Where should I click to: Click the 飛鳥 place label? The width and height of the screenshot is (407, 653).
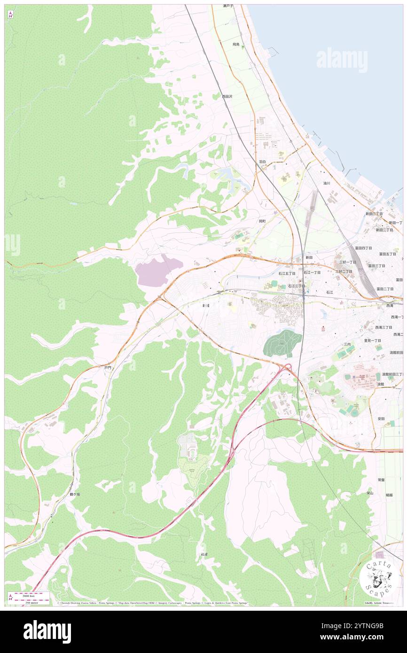tap(236, 44)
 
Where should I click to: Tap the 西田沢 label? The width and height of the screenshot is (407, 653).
tap(227, 96)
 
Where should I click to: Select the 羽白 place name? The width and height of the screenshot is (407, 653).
tap(262, 162)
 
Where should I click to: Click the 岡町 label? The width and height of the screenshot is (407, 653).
tap(262, 221)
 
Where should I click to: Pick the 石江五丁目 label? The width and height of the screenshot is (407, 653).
tap(287, 273)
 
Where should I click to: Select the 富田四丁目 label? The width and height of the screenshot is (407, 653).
tap(363, 248)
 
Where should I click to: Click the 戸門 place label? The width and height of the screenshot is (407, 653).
tap(108, 368)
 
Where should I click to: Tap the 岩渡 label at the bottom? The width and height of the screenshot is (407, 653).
tap(203, 555)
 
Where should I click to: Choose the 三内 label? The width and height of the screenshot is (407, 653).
tap(347, 344)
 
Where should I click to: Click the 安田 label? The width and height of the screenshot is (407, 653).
tap(381, 419)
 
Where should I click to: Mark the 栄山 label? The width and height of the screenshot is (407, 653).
tap(370, 493)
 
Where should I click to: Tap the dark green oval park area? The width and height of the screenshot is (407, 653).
tap(282, 343)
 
